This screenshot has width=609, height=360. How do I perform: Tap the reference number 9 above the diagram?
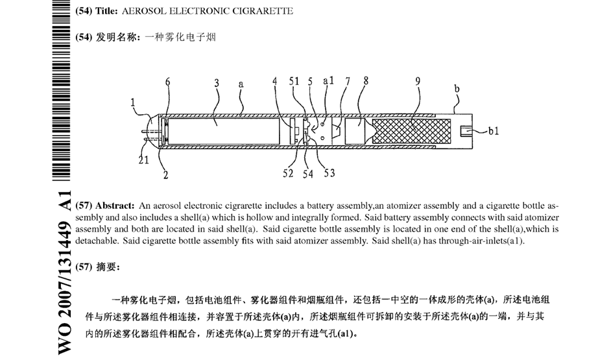(x=418, y=82)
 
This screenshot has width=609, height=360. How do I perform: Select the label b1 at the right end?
(x=494, y=131)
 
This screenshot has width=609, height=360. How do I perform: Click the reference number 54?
(x=308, y=174)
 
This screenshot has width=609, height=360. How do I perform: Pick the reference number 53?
(x=329, y=173)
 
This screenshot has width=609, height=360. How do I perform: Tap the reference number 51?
(x=294, y=82)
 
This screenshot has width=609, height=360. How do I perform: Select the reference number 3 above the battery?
(x=217, y=83)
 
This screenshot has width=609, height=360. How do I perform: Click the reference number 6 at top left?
(x=167, y=82)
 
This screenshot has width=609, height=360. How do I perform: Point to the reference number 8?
(x=366, y=82)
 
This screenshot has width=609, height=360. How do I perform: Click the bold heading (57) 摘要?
(x=99, y=267)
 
